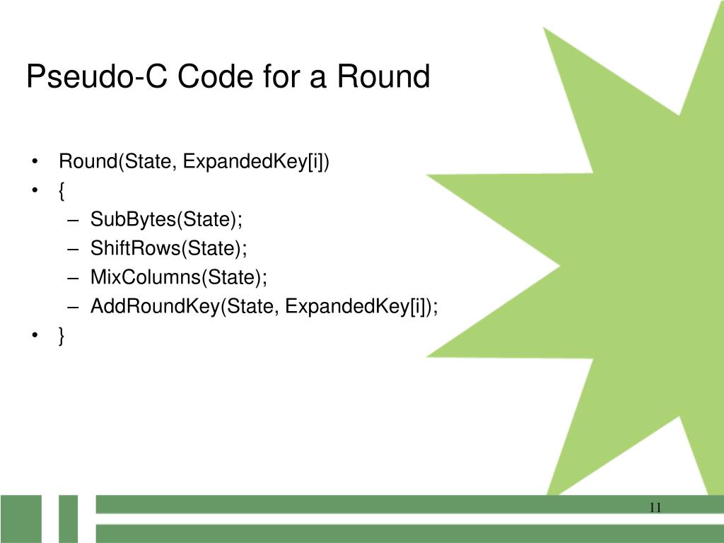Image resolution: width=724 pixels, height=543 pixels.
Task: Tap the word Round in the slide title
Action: point(383,76)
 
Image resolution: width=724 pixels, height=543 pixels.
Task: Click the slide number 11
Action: point(654,507)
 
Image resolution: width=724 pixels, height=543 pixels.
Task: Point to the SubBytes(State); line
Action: point(166,220)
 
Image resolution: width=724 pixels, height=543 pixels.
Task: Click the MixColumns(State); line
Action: point(179,277)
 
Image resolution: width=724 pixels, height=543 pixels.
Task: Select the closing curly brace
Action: point(62,337)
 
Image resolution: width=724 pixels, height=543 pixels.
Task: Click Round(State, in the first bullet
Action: point(117,162)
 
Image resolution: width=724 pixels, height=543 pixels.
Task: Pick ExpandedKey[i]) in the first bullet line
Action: point(257,162)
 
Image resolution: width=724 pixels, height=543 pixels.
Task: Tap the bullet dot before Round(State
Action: point(35,162)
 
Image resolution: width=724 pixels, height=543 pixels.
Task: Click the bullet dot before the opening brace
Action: point(35,191)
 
